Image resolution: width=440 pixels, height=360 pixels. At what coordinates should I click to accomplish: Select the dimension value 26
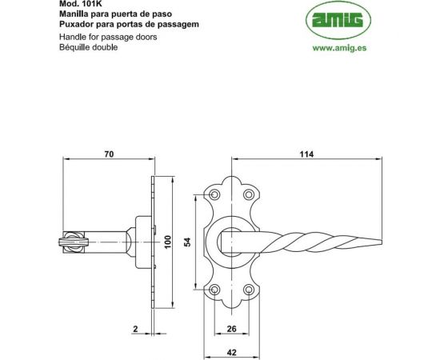[231, 329]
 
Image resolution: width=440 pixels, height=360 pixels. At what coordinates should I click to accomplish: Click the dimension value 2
[137, 329]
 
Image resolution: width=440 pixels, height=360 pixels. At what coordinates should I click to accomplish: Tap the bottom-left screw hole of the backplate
[214, 289]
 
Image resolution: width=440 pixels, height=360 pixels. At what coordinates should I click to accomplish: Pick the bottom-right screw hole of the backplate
[248, 289]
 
